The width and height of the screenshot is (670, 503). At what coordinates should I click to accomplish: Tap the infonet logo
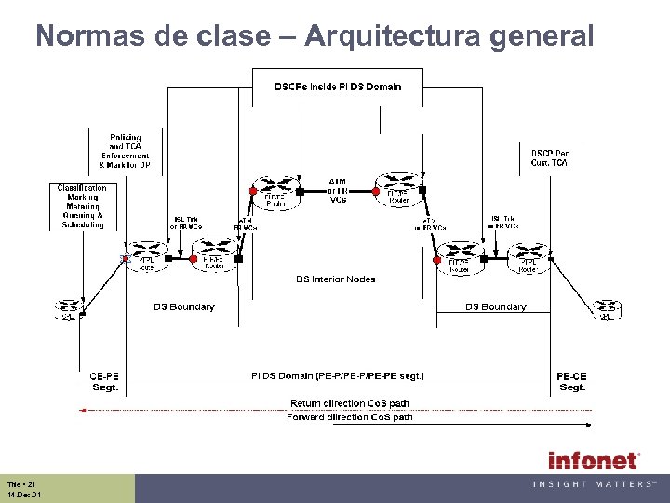coord(593,460)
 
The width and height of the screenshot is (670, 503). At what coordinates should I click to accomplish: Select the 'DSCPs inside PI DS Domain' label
coord(338,87)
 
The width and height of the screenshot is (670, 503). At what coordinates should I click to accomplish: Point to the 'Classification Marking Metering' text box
coord(83,206)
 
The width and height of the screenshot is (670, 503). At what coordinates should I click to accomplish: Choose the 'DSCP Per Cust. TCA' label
coord(549,157)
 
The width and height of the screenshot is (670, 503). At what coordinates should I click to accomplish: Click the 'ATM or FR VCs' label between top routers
coord(338,190)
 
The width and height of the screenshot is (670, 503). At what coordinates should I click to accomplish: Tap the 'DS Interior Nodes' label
coord(336,279)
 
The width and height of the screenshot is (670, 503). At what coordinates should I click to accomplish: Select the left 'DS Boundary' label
coord(184,306)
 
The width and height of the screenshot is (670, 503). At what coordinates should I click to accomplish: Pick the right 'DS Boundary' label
coord(495,306)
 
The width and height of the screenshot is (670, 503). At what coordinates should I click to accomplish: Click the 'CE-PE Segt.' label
coord(104,382)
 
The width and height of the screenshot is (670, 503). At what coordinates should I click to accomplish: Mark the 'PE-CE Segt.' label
coord(571,382)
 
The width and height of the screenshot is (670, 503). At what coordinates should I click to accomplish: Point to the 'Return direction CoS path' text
coord(350,403)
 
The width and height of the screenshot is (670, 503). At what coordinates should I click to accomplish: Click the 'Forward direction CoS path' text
coord(350,417)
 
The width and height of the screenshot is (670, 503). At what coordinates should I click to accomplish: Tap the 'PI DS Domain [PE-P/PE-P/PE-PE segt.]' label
coord(338,376)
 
